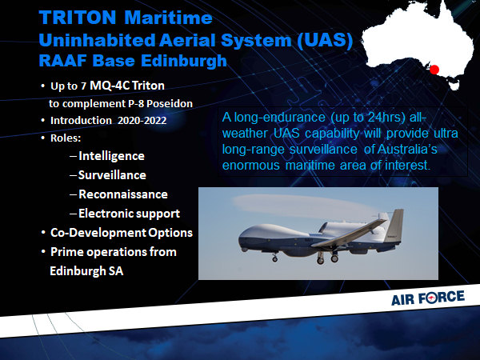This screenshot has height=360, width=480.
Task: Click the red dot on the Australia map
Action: [434, 70]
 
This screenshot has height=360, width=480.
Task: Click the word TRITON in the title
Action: [78, 18]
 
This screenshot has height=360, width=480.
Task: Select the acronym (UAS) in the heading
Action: [325, 40]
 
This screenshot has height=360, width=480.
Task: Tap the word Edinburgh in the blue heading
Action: [184, 61]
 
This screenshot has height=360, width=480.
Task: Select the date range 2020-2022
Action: [142, 120]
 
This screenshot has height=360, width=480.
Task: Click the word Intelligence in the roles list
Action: [111, 156]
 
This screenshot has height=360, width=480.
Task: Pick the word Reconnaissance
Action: [123, 194]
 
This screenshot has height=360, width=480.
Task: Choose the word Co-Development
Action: [98, 233]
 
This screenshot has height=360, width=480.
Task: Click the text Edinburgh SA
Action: [86, 271]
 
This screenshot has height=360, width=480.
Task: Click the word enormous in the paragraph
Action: [251, 166]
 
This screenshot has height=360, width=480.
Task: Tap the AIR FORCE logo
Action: [428, 298]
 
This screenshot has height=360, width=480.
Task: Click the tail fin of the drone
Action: [395, 225]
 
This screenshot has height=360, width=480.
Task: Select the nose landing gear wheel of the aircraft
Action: [275, 259]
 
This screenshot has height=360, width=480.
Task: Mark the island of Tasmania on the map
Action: [454, 85]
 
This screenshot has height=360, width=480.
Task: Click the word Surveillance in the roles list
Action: [112, 175]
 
